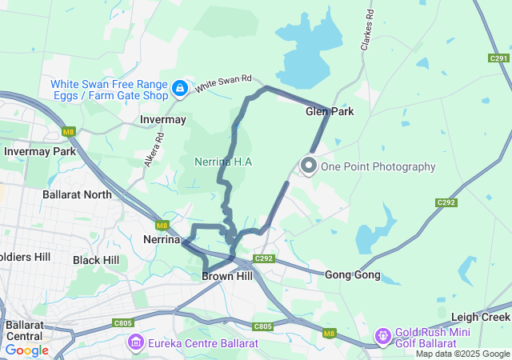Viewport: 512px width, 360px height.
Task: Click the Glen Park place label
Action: click(330, 111)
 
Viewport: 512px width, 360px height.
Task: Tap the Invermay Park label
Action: click(39, 151)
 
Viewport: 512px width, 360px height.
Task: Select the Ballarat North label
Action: click(77, 194)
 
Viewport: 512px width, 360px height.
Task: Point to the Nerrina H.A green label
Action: click(224, 162)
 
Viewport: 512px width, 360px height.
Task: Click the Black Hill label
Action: click(96, 260)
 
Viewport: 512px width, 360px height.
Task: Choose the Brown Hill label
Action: click(227, 276)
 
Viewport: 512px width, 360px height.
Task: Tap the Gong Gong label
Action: click(353, 275)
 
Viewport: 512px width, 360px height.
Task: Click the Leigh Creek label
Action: click(480, 317)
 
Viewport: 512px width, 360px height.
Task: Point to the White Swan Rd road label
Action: click(225, 82)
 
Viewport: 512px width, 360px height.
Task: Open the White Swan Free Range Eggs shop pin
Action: click(180, 88)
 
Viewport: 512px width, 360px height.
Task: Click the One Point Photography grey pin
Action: click(308, 166)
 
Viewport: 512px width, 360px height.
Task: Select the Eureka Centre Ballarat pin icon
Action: click(135, 343)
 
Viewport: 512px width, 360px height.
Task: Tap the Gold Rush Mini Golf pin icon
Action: click(383, 336)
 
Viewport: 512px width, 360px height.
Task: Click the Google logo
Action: click(26, 350)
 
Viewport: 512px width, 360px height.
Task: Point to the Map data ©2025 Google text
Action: click(462, 354)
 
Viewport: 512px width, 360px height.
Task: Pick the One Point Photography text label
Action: click(378, 166)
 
